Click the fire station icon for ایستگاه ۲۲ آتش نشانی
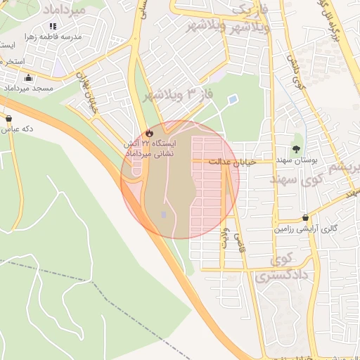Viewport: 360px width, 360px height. coord(148,133)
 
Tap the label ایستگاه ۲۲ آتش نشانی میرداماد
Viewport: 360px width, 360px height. coord(149,148)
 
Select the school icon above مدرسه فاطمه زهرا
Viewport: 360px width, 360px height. coord(53,26)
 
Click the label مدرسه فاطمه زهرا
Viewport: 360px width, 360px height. coord(53,36)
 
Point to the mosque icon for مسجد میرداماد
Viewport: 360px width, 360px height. coord(28,78)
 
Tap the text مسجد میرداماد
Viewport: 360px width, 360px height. coord(28,89)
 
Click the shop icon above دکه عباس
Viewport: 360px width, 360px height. coord(8,118)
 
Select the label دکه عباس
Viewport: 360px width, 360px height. coord(18,129)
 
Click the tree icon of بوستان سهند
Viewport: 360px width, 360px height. coord(297,148)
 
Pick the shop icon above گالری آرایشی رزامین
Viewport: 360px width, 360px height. coord(305,218)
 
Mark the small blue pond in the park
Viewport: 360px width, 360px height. coord(233,99)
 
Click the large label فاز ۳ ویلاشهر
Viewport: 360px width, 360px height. coord(179,93)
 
